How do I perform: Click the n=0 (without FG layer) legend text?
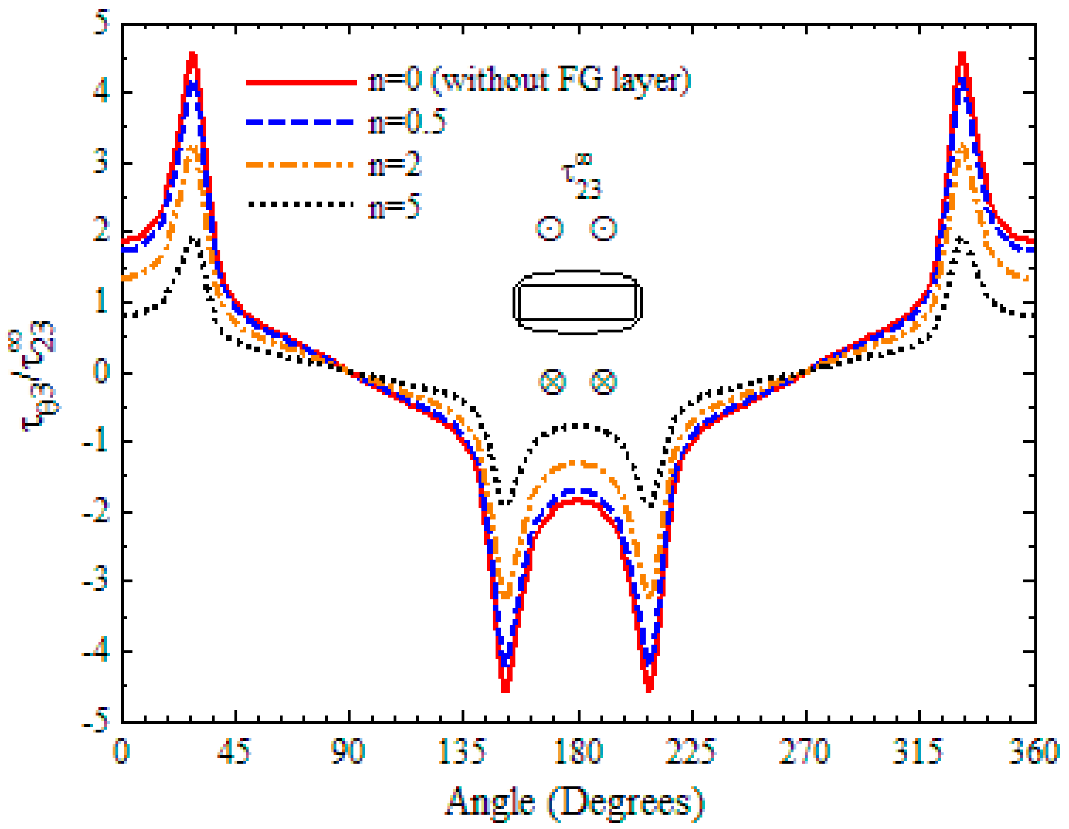(x=529, y=80)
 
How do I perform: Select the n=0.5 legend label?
(x=407, y=122)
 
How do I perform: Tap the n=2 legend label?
(x=395, y=164)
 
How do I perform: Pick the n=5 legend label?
(x=395, y=206)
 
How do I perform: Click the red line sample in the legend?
(x=300, y=82)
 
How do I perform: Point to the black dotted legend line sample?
(x=300, y=204)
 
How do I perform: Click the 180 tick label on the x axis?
(x=578, y=751)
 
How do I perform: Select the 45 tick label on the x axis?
(x=234, y=751)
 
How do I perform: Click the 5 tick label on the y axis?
(x=101, y=23)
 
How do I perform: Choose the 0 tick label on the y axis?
(x=101, y=372)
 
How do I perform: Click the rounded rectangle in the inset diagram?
(x=577, y=302)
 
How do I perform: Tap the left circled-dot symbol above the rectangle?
(x=550, y=229)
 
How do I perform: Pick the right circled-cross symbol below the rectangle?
(x=603, y=382)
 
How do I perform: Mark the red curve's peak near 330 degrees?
(x=961, y=54)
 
